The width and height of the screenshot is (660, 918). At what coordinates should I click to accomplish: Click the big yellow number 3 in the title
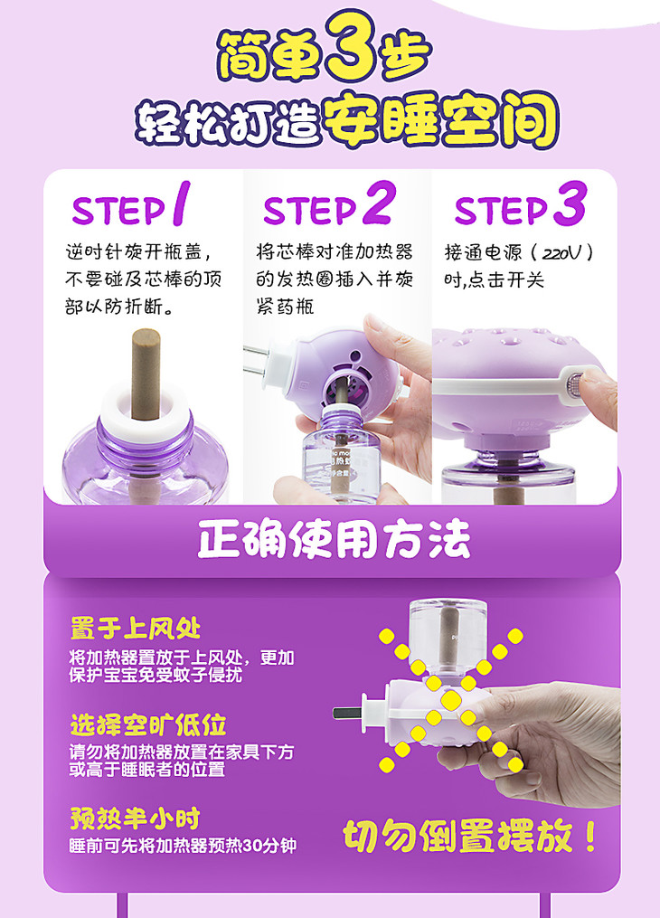[349, 45]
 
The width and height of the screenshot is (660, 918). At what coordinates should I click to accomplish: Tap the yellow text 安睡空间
[440, 119]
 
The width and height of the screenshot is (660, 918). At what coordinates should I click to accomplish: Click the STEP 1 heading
[132, 205]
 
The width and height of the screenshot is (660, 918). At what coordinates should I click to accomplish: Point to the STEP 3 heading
[521, 205]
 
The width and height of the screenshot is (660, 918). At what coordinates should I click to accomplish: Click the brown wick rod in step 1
[146, 374]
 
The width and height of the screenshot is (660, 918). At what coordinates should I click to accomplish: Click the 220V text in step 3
[562, 253]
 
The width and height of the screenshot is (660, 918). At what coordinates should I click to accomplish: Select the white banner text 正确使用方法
[334, 539]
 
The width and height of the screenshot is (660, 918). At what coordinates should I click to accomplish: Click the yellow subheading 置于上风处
[135, 629]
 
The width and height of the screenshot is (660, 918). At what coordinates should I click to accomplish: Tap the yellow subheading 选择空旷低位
[148, 724]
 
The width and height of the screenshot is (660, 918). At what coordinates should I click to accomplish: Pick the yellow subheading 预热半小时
[135, 819]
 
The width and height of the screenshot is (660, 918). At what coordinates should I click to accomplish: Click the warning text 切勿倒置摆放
[470, 837]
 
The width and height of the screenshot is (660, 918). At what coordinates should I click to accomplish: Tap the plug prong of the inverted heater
[347, 713]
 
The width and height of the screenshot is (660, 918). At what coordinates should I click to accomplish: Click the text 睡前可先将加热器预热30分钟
[183, 846]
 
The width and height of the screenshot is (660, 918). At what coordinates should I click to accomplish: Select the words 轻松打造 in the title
[228, 124]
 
